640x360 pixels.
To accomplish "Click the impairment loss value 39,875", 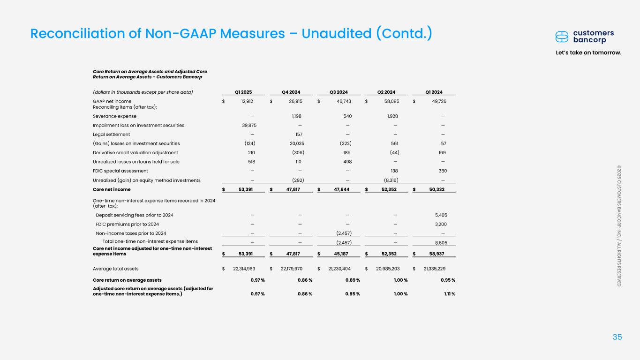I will pyautogui.click(x=247, y=125).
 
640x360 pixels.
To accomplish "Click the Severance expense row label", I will pyautogui.click(x=115, y=116).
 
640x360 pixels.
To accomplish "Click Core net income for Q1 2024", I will pyautogui.click(x=434, y=189).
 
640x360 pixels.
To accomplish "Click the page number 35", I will pyautogui.click(x=617, y=337).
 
